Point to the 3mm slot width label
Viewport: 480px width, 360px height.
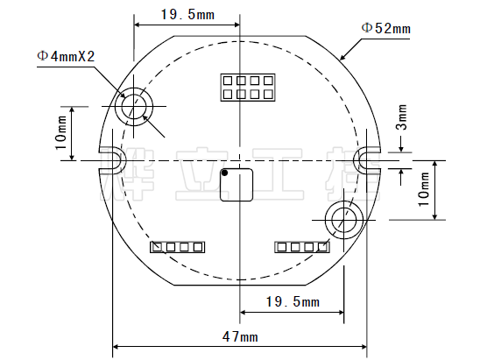pyautogui.click(x=402, y=115)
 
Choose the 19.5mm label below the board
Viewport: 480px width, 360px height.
pyautogui.click(x=292, y=302)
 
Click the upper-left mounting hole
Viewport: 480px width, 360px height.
pyautogui.click(x=134, y=107)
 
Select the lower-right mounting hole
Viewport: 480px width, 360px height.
pyautogui.click(x=342, y=219)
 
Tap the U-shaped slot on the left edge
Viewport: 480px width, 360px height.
pyautogui.click(x=112, y=160)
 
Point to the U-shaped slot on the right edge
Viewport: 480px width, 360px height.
pyautogui.click(x=368, y=159)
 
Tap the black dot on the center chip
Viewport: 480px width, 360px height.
pyautogui.click(x=225, y=173)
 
